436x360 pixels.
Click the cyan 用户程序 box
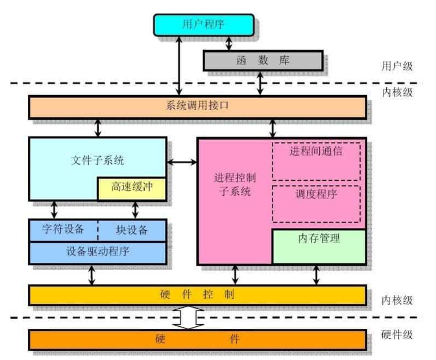pos(203,25)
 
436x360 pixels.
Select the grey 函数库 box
pos(263,61)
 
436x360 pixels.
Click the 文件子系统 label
pos(97,161)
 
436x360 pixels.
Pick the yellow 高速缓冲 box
pos(131,189)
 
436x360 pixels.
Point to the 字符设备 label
pos(64,230)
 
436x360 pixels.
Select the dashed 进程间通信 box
pos(316,161)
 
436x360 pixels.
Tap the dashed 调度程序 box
pos(316,204)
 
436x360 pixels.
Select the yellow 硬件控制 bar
pos(197,295)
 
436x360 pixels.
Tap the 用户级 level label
pos(397,66)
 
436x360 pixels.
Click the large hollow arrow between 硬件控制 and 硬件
pos(187,318)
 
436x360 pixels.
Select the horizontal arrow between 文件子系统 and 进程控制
pos(182,162)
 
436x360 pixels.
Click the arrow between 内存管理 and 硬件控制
pos(316,275)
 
